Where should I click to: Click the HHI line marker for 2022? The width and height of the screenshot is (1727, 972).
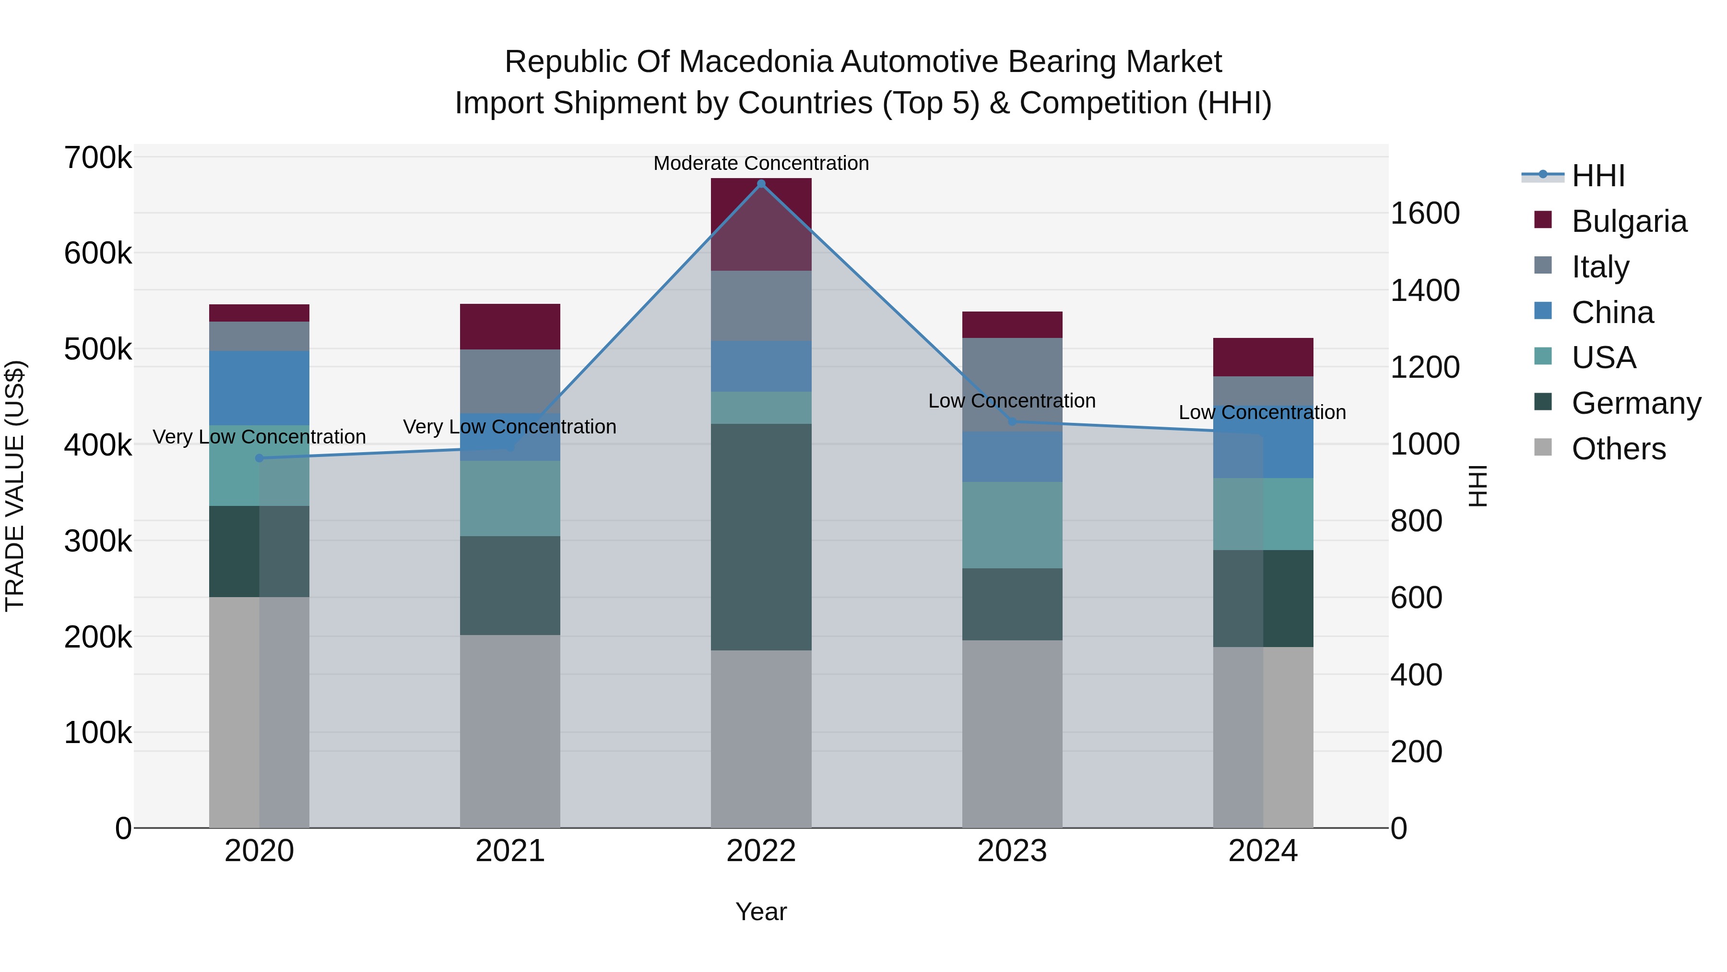761,184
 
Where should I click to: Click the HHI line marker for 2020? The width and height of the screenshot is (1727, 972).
260,458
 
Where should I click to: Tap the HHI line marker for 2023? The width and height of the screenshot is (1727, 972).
1012,422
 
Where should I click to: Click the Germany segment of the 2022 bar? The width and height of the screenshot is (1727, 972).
761,537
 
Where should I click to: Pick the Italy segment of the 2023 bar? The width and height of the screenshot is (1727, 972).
1012,384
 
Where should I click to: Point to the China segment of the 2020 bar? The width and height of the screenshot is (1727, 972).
260,388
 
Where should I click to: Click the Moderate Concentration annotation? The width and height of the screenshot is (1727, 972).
761,164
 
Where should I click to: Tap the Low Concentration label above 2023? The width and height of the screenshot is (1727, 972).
1012,401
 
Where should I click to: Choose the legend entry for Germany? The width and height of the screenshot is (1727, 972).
1636,404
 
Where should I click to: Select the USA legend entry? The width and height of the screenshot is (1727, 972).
1604,358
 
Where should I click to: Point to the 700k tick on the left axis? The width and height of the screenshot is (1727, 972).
98,158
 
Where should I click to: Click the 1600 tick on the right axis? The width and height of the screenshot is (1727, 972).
1425,213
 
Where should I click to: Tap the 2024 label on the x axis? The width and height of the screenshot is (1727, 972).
1263,851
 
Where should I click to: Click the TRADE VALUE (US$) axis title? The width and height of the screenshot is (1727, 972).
15,486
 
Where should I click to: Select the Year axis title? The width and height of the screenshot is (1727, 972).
761,912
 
